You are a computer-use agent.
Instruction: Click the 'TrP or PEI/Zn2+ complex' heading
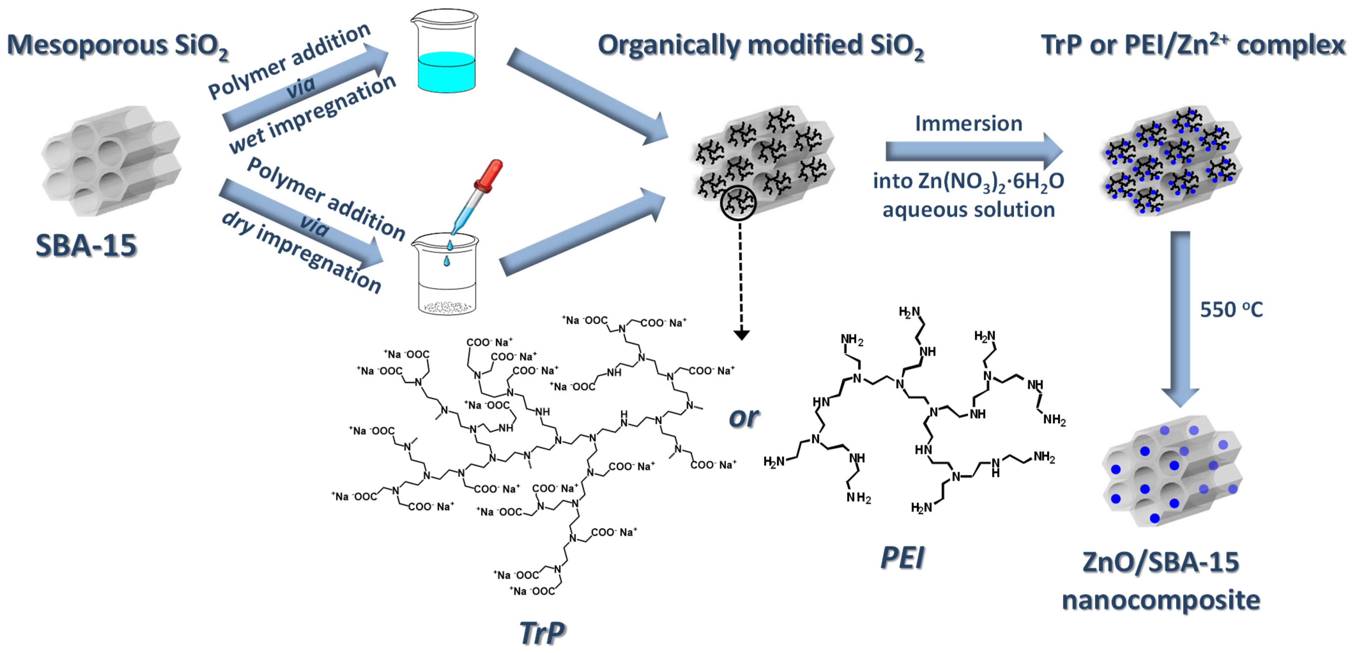point(1192,45)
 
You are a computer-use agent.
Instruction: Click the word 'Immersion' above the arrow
point(969,124)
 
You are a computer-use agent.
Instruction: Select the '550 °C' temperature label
point(1231,310)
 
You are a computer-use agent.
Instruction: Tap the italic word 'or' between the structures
point(743,417)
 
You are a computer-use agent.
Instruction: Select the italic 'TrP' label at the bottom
point(542,633)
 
